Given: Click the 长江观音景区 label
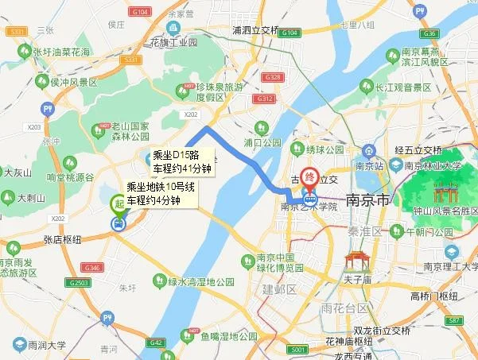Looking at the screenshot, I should [x=402, y=87].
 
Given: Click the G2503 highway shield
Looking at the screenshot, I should [x=80, y=283].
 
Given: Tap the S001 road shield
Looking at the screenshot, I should [x=298, y=349].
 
